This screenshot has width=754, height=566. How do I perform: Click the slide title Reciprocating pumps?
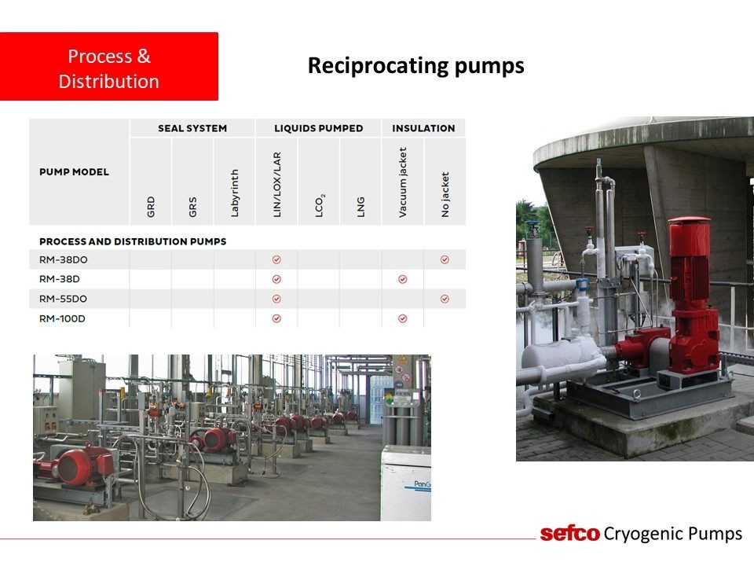[x=416, y=66]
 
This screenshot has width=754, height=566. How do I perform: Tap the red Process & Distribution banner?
[x=109, y=66]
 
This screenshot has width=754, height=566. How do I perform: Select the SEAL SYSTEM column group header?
[x=192, y=128]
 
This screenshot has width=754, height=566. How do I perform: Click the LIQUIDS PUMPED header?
[x=318, y=128]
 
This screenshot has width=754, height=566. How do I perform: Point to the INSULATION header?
[x=423, y=128]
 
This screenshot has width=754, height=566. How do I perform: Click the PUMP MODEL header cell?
[x=74, y=172]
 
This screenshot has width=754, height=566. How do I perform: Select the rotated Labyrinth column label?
[x=234, y=193]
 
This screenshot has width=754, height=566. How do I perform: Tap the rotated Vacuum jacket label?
[x=402, y=182]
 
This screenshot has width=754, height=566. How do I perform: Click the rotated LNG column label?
[x=361, y=207]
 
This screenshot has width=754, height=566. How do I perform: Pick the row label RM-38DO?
[x=64, y=260]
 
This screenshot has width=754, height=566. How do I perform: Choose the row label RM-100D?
[x=62, y=318]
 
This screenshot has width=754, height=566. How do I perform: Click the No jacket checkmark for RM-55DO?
[x=445, y=299]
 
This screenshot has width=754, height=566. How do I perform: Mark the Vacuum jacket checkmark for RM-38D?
[x=403, y=279]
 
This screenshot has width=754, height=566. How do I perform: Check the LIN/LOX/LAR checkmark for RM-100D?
[x=276, y=318]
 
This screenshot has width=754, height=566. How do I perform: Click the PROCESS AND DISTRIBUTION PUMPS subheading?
[x=133, y=241]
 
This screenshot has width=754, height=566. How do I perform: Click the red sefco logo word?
[x=570, y=533]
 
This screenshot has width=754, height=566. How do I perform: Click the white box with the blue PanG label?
[x=406, y=483]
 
